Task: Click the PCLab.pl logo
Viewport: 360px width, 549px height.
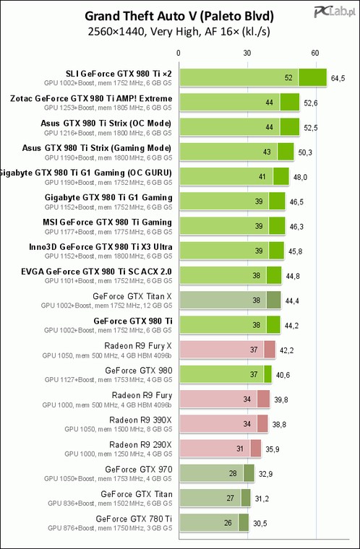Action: pyautogui.click(x=334, y=13)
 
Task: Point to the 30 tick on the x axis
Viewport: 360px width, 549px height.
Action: pyautogui.click(x=247, y=53)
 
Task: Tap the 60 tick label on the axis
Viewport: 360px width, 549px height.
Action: pyautogui.click(x=315, y=53)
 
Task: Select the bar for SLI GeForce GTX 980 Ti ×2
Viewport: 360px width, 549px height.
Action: pyautogui.click(x=253, y=77)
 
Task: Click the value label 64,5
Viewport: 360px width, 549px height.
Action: pyautogui.click(x=338, y=78)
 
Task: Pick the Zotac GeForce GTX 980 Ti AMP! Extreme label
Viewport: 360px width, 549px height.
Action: pyautogui.click(x=91, y=98)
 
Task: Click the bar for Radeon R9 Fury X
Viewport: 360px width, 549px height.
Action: pyautogui.click(x=228, y=350)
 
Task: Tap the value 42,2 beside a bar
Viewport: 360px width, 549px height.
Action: pyautogui.click(x=287, y=350)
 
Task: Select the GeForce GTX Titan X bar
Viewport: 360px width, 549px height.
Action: pyautogui.click(x=231, y=300)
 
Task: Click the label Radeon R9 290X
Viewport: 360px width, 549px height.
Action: pyautogui.click(x=140, y=445)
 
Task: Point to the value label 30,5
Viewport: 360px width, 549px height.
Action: pyautogui.click(x=260, y=523)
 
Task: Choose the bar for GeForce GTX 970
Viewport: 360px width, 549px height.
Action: pyautogui.click(x=217, y=473)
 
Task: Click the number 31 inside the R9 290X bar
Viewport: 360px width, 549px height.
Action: pyautogui.click(x=240, y=449)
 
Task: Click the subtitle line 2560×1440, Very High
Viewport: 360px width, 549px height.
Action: pyautogui.click(x=179, y=32)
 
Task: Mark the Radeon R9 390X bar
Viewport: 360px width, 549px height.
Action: pyautogui.click(x=223, y=423)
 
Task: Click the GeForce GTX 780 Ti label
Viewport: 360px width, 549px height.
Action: pyautogui.click(x=134, y=519)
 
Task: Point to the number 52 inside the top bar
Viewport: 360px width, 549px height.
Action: pyautogui.click(x=288, y=78)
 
